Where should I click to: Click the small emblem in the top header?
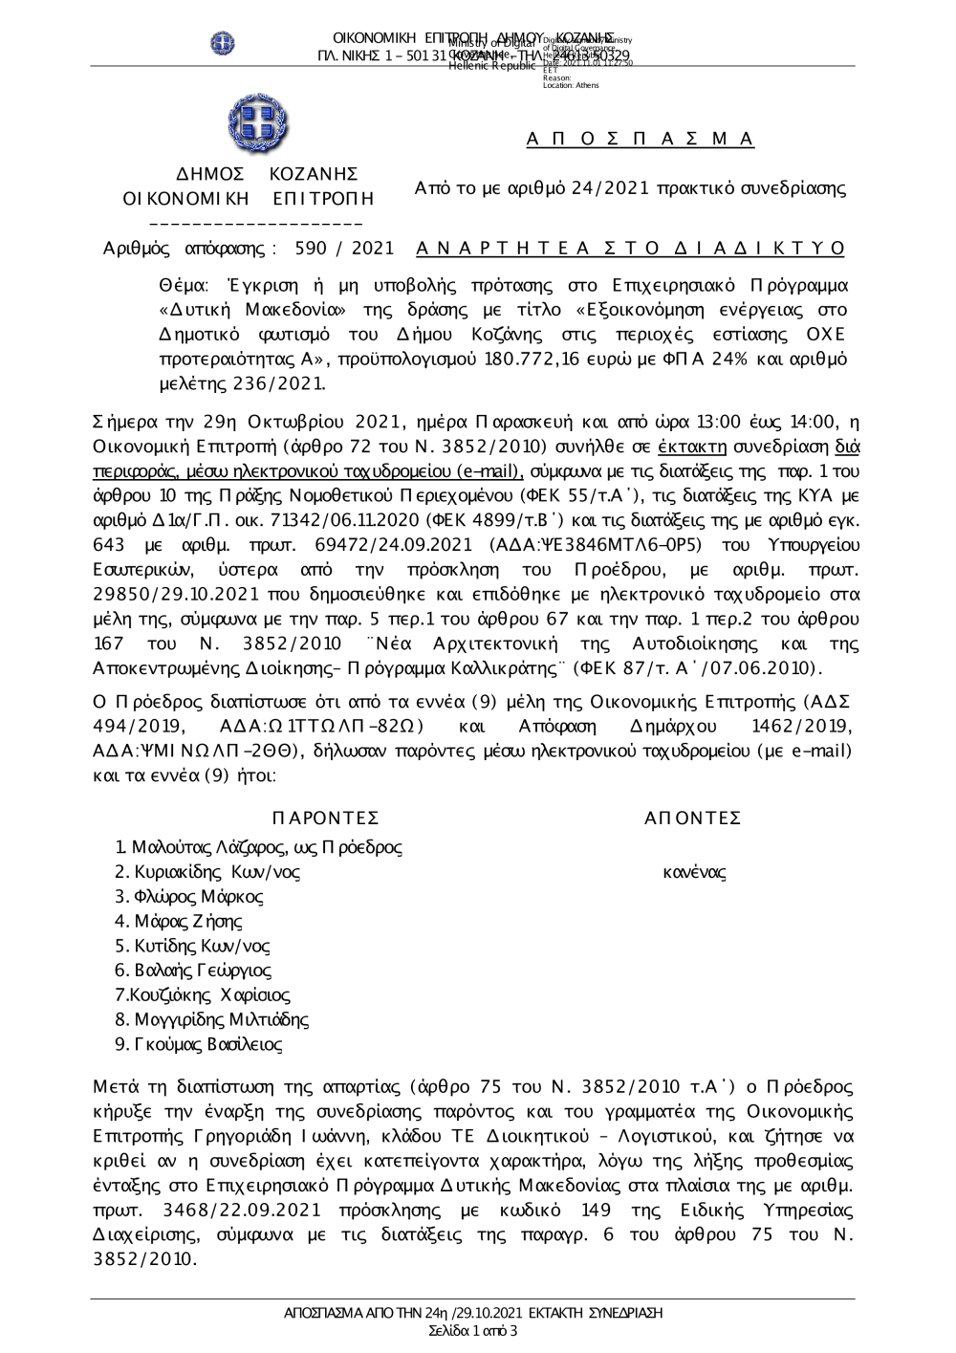(223, 42)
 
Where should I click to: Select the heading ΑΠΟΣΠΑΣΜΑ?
(641, 140)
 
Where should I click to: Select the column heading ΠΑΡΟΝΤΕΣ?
(326, 818)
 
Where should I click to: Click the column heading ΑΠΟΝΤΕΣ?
(693, 818)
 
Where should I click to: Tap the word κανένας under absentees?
(694, 872)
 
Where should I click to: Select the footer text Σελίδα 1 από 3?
(474, 1330)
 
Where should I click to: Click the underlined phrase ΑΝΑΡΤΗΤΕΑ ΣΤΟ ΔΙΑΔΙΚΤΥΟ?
(631, 249)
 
